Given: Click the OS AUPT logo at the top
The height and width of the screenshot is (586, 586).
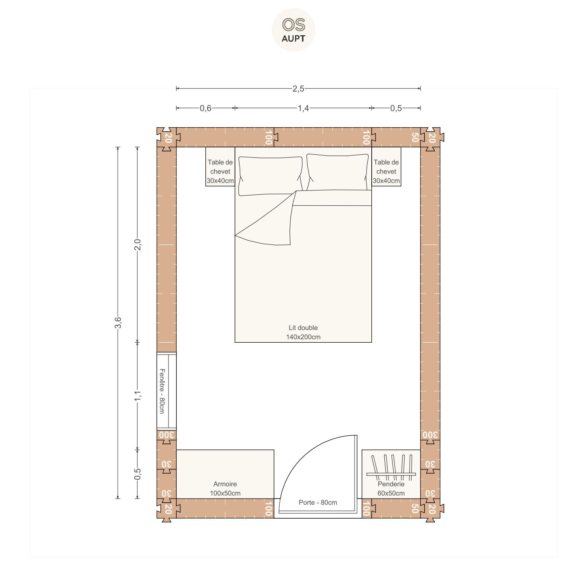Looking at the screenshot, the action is click(294, 30).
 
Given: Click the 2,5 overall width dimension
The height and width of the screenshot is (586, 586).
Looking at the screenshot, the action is click(298, 89).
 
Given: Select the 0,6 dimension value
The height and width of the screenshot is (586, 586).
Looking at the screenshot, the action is click(205, 108).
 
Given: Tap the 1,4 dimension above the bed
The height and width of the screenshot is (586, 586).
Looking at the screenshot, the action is click(303, 108).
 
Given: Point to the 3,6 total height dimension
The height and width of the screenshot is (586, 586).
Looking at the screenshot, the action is click(118, 322).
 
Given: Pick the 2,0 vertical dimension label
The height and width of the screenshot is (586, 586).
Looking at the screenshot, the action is click(137, 244).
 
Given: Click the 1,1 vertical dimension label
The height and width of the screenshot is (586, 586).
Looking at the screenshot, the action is click(137, 396).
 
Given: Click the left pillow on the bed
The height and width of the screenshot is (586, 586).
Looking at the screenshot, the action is click(270, 176).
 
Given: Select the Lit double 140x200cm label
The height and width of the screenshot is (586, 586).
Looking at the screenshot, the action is click(303, 332).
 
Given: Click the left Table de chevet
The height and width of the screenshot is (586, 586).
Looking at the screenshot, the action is click(220, 167).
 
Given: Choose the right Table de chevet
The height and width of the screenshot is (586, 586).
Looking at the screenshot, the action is click(386, 167).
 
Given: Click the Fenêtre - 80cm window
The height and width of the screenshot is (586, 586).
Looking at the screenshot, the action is click(166, 391).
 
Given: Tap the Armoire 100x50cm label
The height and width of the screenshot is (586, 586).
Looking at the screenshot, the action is click(225, 489).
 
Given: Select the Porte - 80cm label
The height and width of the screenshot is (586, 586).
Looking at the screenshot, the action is click(318, 503).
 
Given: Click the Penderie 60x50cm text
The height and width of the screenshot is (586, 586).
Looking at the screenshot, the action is click(391, 489).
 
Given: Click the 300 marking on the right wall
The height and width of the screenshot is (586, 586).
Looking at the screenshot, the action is click(430, 435).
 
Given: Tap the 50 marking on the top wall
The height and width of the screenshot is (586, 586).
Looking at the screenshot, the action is click(415, 137).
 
